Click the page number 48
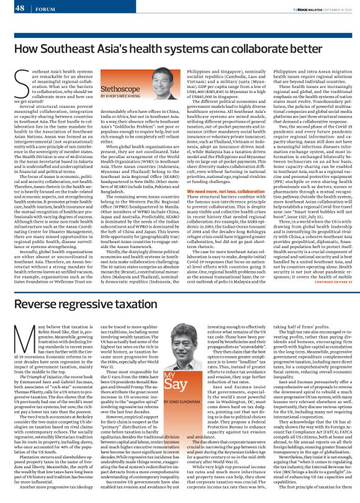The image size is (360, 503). (19, 8)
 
